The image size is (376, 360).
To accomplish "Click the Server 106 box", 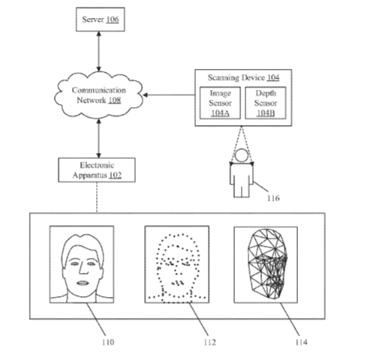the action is pos(101,19).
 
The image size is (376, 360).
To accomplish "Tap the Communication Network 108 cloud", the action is pos(98,95).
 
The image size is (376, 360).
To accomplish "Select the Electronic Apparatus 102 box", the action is pos(97,170).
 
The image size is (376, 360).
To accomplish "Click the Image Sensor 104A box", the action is pos(220,103).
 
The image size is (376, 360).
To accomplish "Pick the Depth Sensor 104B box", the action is pos(266,103).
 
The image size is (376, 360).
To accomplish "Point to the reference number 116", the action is pos(273,198).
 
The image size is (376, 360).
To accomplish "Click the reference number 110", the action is pos(108,342).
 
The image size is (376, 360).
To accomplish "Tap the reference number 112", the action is pos(209,342).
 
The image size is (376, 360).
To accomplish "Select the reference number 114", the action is pos(301,342).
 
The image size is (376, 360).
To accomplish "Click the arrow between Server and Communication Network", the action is pos(99,51).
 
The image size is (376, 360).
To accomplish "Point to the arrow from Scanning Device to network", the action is pos(169,95).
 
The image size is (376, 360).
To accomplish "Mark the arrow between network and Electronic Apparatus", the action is pos(99,138).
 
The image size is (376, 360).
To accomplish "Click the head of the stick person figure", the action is pos(242,155).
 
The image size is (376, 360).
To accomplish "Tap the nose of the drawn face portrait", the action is pos(83,268).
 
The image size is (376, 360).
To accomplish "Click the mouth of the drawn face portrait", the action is pos(83,283).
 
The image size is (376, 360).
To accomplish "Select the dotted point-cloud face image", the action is pos(177,265).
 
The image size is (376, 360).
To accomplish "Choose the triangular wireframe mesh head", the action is pos(267,264).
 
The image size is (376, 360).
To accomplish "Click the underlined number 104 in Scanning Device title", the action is pos(273,78).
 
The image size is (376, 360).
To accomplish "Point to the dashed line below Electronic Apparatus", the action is pos(97,197).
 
